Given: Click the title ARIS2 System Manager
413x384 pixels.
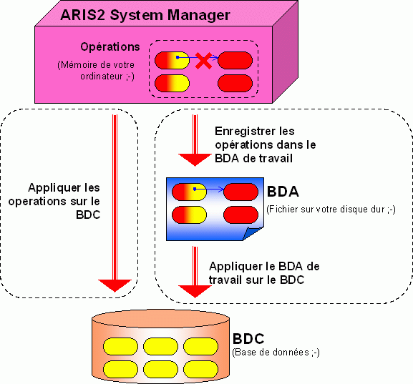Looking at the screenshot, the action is [x=145, y=15].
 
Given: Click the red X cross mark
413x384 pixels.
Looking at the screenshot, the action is [x=203, y=61].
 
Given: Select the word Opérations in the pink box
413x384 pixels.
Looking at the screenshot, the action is [x=110, y=47].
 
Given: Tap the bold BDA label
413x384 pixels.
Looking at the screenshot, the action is [x=283, y=192].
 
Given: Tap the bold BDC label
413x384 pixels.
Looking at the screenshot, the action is [x=248, y=339].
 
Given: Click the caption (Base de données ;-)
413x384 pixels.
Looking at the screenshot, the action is [x=276, y=352].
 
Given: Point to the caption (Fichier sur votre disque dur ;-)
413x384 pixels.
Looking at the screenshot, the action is [x=331, y=210].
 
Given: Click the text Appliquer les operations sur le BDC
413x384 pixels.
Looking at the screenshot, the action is [x=54, y=202].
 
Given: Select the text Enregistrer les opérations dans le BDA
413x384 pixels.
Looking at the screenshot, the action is [x=266, y=144].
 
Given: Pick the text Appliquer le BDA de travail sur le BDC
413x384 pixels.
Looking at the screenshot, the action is [x=264, y=273].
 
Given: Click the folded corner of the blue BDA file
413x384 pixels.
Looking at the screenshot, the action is [x=251, y=234].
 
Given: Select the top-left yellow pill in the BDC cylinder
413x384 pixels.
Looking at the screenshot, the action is [x=120, y=346].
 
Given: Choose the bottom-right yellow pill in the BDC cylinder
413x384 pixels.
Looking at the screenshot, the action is [x=200, y=369].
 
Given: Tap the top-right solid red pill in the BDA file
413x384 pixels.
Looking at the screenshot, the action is [x=240, y=192].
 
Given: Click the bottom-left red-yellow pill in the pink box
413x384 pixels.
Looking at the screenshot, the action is [x=172, y=84].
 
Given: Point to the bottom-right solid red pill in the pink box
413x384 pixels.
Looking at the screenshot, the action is [x=235, y=84].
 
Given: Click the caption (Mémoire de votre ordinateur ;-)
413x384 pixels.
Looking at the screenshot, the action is [x=96, y=71].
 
